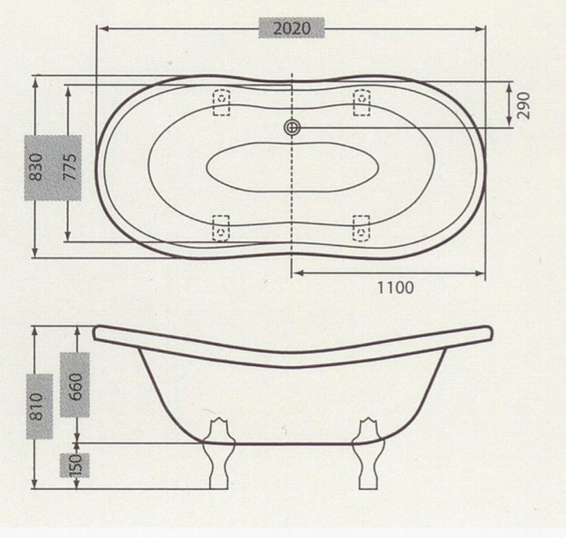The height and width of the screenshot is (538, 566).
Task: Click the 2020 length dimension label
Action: [292, 28]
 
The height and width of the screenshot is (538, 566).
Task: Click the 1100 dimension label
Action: [395, 287]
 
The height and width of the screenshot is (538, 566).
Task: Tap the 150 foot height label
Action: [75, 465]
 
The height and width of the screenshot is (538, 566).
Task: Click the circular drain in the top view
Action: [292, 127]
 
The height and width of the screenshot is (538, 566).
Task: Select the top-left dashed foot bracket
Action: [221, 102]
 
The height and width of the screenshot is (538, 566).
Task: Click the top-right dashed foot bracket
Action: [362, 102]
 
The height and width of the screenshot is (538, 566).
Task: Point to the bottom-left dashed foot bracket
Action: [221, 228]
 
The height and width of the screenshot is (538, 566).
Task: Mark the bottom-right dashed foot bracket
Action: [362, 228]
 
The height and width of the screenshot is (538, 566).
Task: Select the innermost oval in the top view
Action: [292, 167]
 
